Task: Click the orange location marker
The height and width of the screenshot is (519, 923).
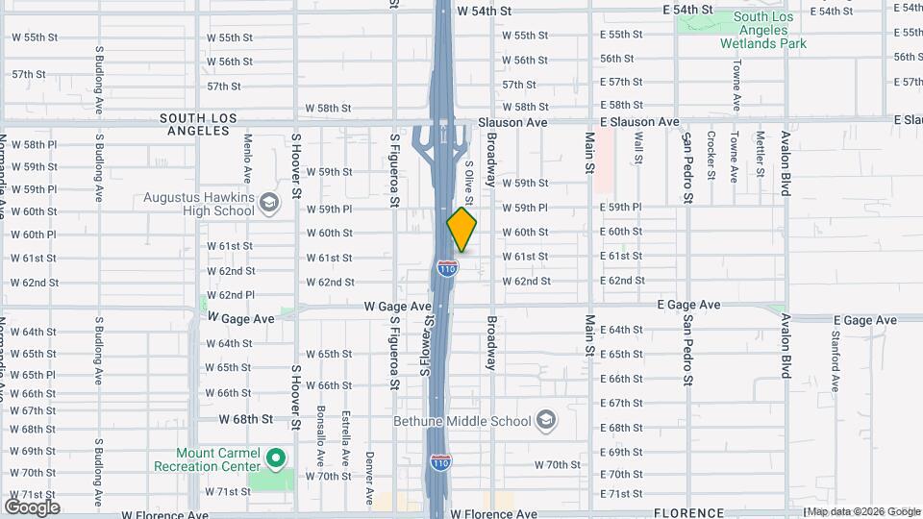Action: click(461, 231)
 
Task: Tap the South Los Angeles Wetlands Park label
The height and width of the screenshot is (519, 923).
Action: click(770, 30)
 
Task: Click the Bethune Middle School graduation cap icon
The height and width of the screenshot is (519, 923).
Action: click(546, 420)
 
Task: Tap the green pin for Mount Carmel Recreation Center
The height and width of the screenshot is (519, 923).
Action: click(276, 457)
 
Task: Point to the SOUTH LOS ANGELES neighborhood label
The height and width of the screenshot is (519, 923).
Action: click(198, 124)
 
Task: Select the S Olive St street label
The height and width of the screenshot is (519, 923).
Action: click(469, 183)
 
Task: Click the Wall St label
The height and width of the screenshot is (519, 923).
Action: click(637, 153)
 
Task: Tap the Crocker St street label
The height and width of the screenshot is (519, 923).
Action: click(711, 154)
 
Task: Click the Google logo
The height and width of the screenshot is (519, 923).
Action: click(32, 507)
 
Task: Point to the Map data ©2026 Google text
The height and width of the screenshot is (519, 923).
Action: click(862, 511)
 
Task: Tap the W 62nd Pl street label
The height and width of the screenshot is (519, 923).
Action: click(230, 295)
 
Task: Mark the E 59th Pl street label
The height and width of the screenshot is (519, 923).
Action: click(620, 207)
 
